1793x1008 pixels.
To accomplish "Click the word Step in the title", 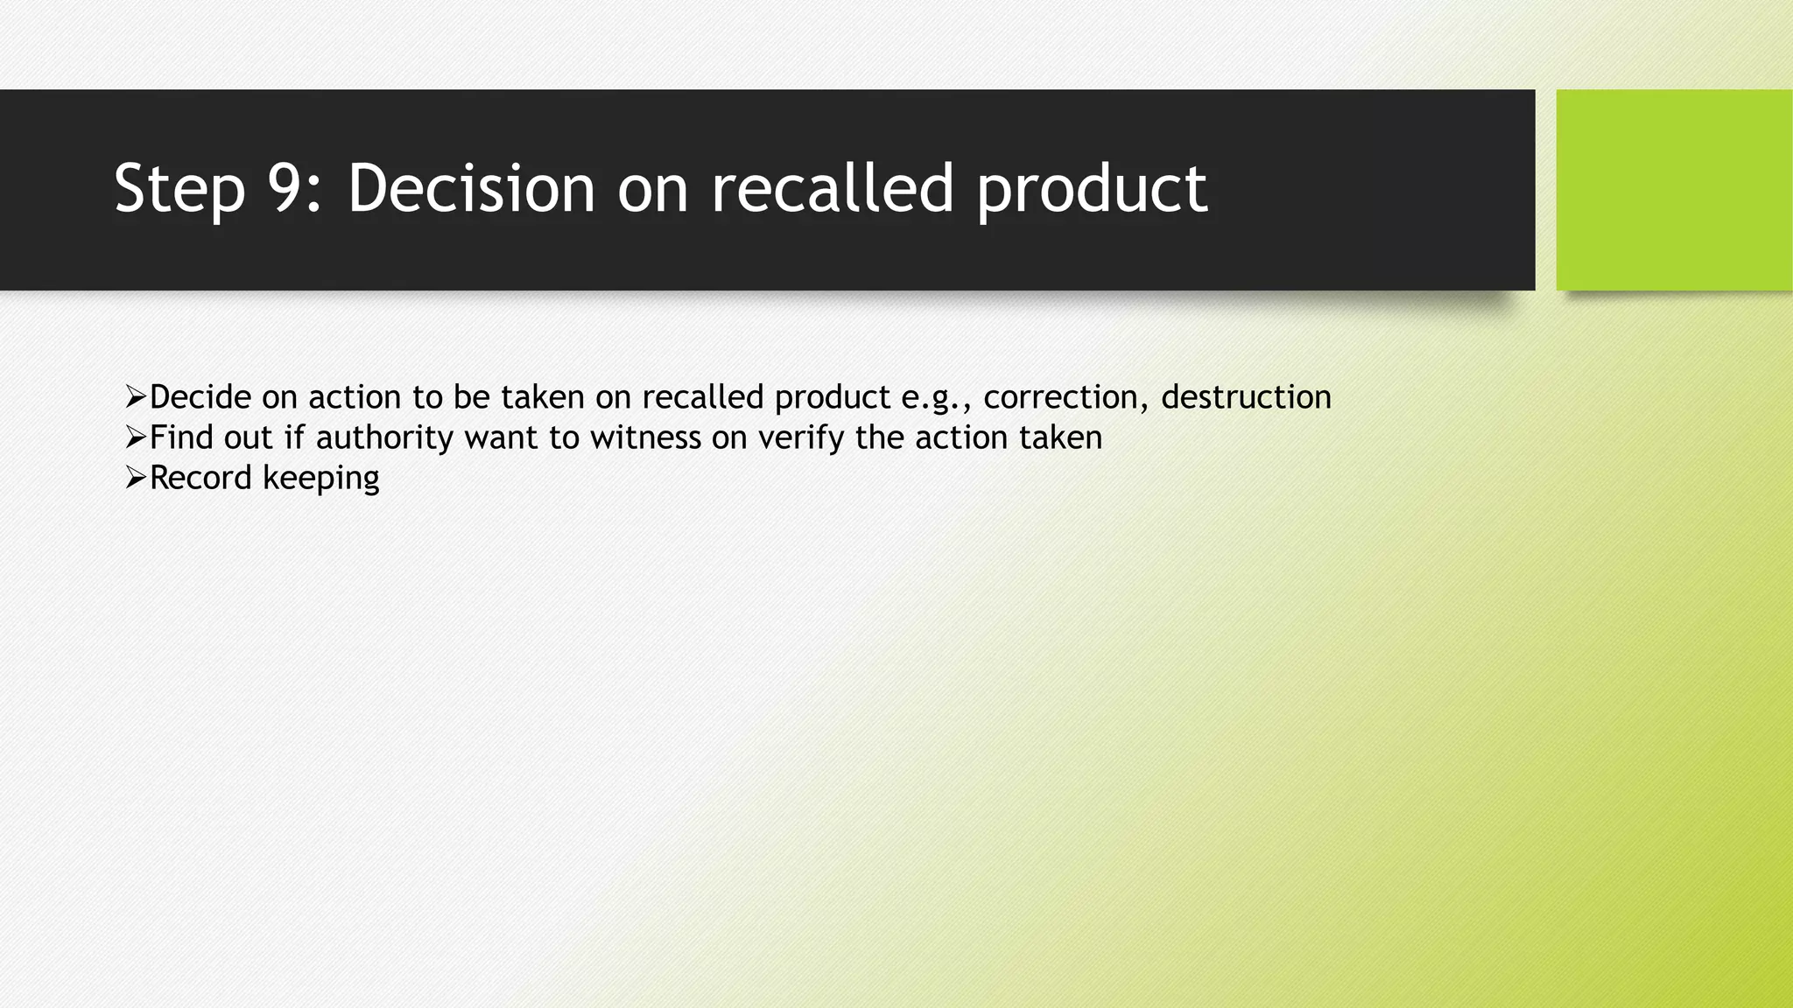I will pyautogui.click(x=179, y=189).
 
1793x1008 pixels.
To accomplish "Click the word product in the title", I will pyautogui.click(x=1092, y=189).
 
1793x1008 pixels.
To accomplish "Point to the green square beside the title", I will pyautogui.click(x=1674, y=190).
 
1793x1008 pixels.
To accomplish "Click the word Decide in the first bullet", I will pyautogui.click(x=200, y=397).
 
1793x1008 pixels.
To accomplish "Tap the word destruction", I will pyautogui.click(x=1246, y=397).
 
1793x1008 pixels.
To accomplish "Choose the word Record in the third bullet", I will pyautogui.click(x=200, y=478).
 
